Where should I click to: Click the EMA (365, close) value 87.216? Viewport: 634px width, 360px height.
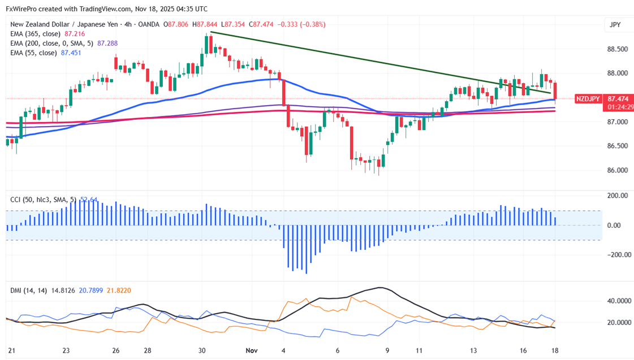[75, 34]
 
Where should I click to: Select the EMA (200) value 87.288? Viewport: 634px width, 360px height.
[107, 44]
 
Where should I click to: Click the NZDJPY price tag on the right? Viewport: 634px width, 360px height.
[588, 99]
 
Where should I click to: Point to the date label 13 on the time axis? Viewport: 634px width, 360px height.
[473, 350]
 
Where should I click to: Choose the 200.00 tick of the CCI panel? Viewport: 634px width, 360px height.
[617, 196]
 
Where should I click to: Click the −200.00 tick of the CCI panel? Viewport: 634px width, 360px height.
[616, 255]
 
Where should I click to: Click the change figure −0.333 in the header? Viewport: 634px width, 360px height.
[286, 25]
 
